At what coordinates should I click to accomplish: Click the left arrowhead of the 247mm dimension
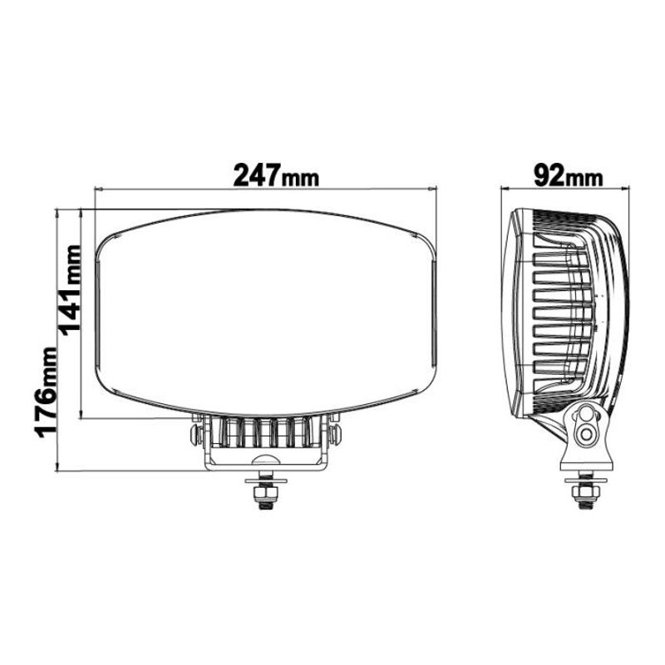pyautogui.click(x=99, y=190)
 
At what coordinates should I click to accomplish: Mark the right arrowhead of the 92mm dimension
pyautogui.click(x=627, y=190)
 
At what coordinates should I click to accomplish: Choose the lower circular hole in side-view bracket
pyautogui.click(x=589, y=434)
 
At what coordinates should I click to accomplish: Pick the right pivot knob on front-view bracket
pyautogui.click(x=335, y=434)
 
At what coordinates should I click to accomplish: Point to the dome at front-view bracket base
pyautogui.click(x=265, y=461)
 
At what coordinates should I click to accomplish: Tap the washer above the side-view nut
pyautogui.click(x=586, y=480)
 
